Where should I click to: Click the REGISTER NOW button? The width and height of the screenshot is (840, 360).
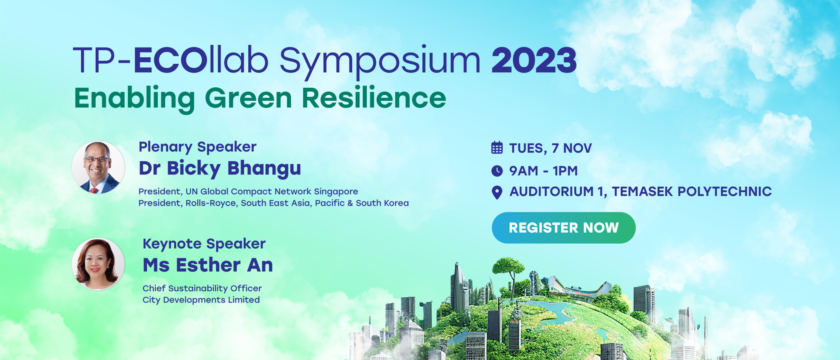point(563,228)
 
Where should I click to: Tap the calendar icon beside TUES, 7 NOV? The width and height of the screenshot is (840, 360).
point(497,148)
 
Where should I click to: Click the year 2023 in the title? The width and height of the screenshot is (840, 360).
point(534,60)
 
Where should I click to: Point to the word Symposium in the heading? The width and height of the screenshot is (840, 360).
point(380,62)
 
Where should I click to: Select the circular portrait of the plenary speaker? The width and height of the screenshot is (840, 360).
point(98,167)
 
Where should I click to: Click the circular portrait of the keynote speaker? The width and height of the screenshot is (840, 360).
point(98,264)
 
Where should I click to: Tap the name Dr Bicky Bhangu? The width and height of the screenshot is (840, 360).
point(220,169)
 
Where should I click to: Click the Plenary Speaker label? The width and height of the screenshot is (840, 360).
point(198,147)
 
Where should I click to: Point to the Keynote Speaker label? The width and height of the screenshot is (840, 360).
point(204,244)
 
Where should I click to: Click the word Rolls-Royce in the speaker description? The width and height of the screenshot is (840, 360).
point(211,203)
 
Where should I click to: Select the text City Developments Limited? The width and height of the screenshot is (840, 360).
point(201,300)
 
